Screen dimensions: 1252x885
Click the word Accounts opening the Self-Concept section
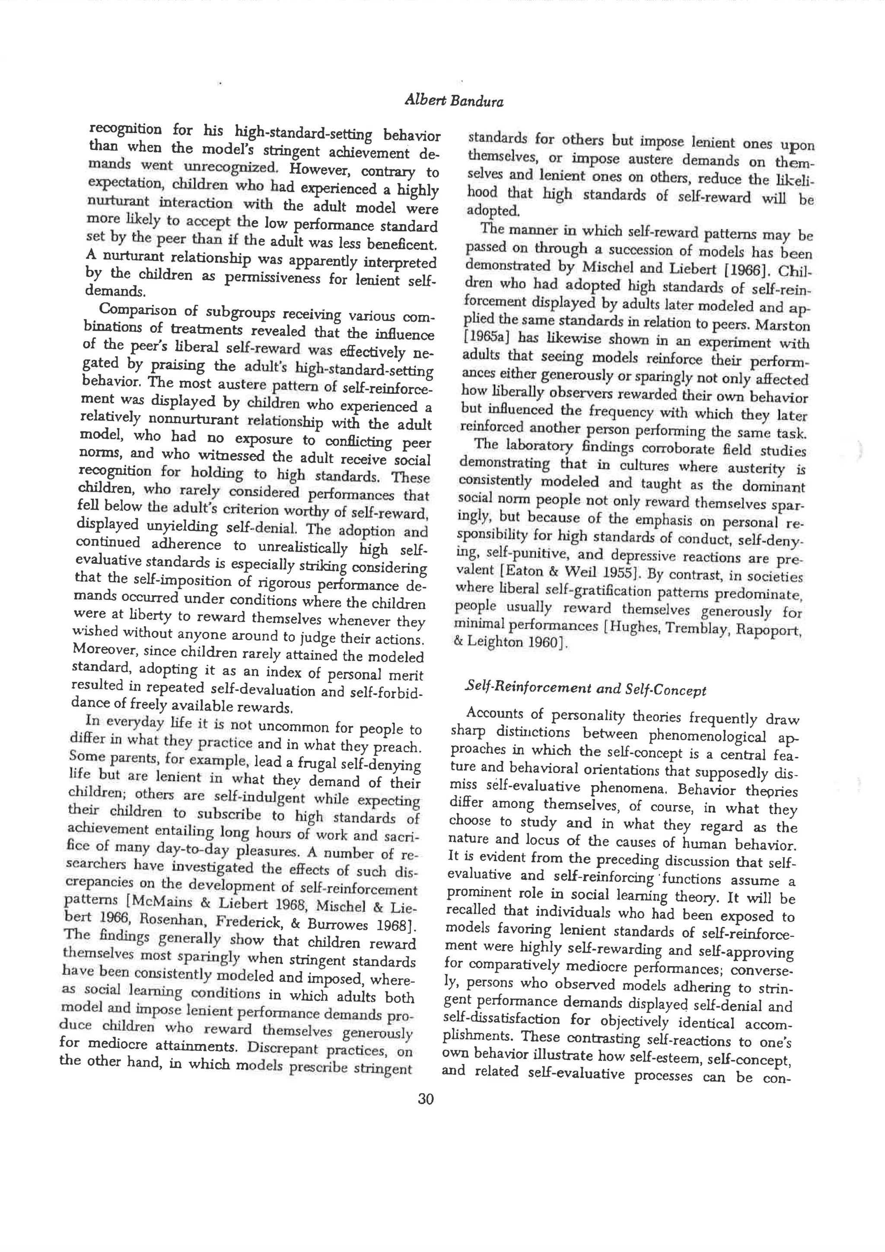pos(495,713)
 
